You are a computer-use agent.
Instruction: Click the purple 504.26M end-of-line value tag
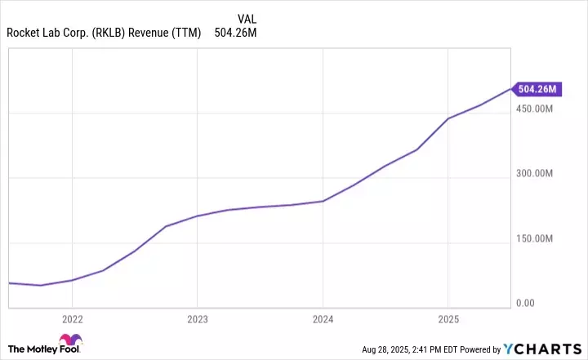(x=537, y=88)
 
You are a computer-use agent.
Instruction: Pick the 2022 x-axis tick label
(x=73, y=319)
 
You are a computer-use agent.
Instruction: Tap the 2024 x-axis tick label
(x=323, y=319)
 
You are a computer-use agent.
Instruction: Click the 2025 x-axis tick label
(x=448, y=319)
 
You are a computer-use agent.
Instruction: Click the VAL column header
(x=247, y=18)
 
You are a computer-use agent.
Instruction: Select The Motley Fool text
(x=32, y=347)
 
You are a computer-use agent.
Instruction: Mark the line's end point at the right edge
(x=510, y=87)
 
